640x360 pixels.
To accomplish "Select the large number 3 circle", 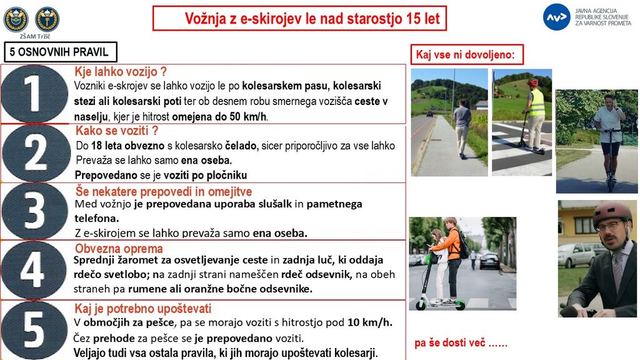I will click(x=34, y=211).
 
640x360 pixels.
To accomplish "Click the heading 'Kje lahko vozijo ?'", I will click(x=121, y=72).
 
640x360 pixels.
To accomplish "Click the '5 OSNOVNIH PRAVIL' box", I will click(x=60, y=52).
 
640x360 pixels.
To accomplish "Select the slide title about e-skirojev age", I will click(x=299, y=19).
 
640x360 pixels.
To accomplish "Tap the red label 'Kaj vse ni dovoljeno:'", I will click(x=466, y=55).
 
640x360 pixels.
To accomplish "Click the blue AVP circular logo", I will click(x=556, y=17).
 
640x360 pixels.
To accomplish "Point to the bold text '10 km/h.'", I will click(x=369, y=322).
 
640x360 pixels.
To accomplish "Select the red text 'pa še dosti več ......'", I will click(x=461, y=343).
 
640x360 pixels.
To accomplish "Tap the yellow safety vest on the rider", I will click(x=536, y=103).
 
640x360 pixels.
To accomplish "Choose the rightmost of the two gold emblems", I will click(x=47, y=19).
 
